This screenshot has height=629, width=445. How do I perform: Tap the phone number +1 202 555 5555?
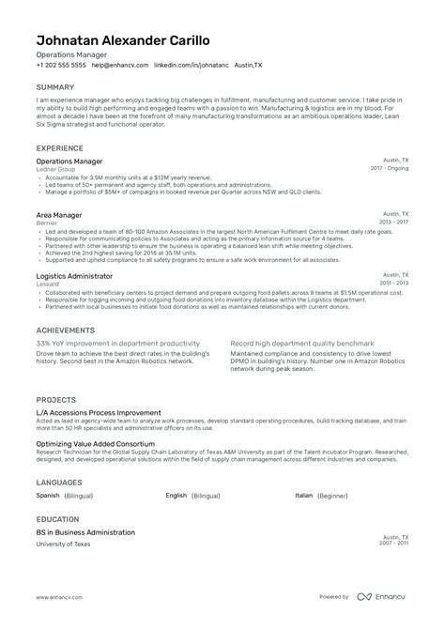[x=61, y=66]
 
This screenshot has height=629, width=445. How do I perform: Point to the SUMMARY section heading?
[x=57, y=87]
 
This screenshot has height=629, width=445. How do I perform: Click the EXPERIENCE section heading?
[x=63, y=148]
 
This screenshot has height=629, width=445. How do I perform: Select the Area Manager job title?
[x=59, y=216]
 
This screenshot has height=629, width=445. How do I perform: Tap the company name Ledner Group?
[x=56, y=171]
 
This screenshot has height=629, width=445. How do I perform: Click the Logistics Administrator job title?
[x=74, y=277]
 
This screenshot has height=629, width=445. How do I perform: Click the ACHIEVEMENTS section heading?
[x=66, y=331]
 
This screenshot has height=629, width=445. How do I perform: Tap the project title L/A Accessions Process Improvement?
[x=99, y=412]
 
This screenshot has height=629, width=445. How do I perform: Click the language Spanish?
[x=48, y=495]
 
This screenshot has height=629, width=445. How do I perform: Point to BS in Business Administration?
[x=85, y=532]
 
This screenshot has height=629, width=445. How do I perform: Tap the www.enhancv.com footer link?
[x=64, y=597]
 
